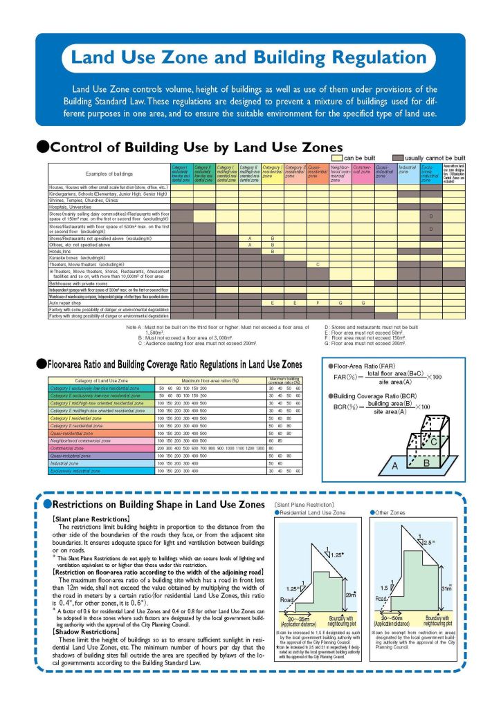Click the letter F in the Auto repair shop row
point(318,303)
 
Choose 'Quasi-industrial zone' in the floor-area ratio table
point(73,456)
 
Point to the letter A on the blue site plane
point(395,466)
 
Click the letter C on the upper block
point(435,440)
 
